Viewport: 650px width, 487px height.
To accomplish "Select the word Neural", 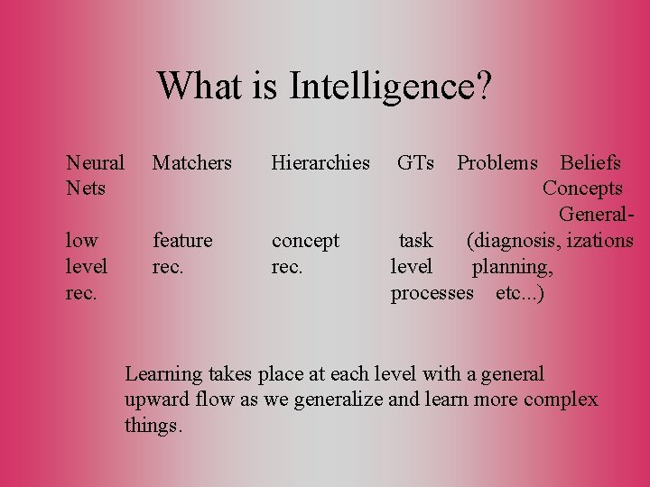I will click(x=95, y=163).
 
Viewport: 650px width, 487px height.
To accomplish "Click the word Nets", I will click(x=86, y=188).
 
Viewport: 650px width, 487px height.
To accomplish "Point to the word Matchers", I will click(x=192, y=163).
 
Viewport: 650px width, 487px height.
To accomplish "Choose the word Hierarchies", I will click(x=320, y=163).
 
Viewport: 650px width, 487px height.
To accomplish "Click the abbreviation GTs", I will click(x=415, y=163).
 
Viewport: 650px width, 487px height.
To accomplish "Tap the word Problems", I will click(x=497, y=163).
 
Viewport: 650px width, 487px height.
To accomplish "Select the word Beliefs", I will click(x=590, y=163).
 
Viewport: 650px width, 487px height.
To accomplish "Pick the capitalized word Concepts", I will click(x=582, y=188).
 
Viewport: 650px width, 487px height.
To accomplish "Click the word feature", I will click(x=182, y=241).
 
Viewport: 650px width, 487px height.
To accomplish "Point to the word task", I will click(x=416, y=241).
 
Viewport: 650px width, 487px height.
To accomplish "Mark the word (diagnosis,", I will click(x=509, y=241).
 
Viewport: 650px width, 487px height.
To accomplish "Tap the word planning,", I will click(x=513, y=267).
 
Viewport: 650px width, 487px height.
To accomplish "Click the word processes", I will click(x=432, y=293).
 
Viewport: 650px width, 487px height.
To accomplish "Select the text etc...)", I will click(x=520, y=293).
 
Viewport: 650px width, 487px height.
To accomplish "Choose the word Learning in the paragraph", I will click(x=161, y=373).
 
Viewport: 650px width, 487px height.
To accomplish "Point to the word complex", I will click(x=563, y=400).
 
